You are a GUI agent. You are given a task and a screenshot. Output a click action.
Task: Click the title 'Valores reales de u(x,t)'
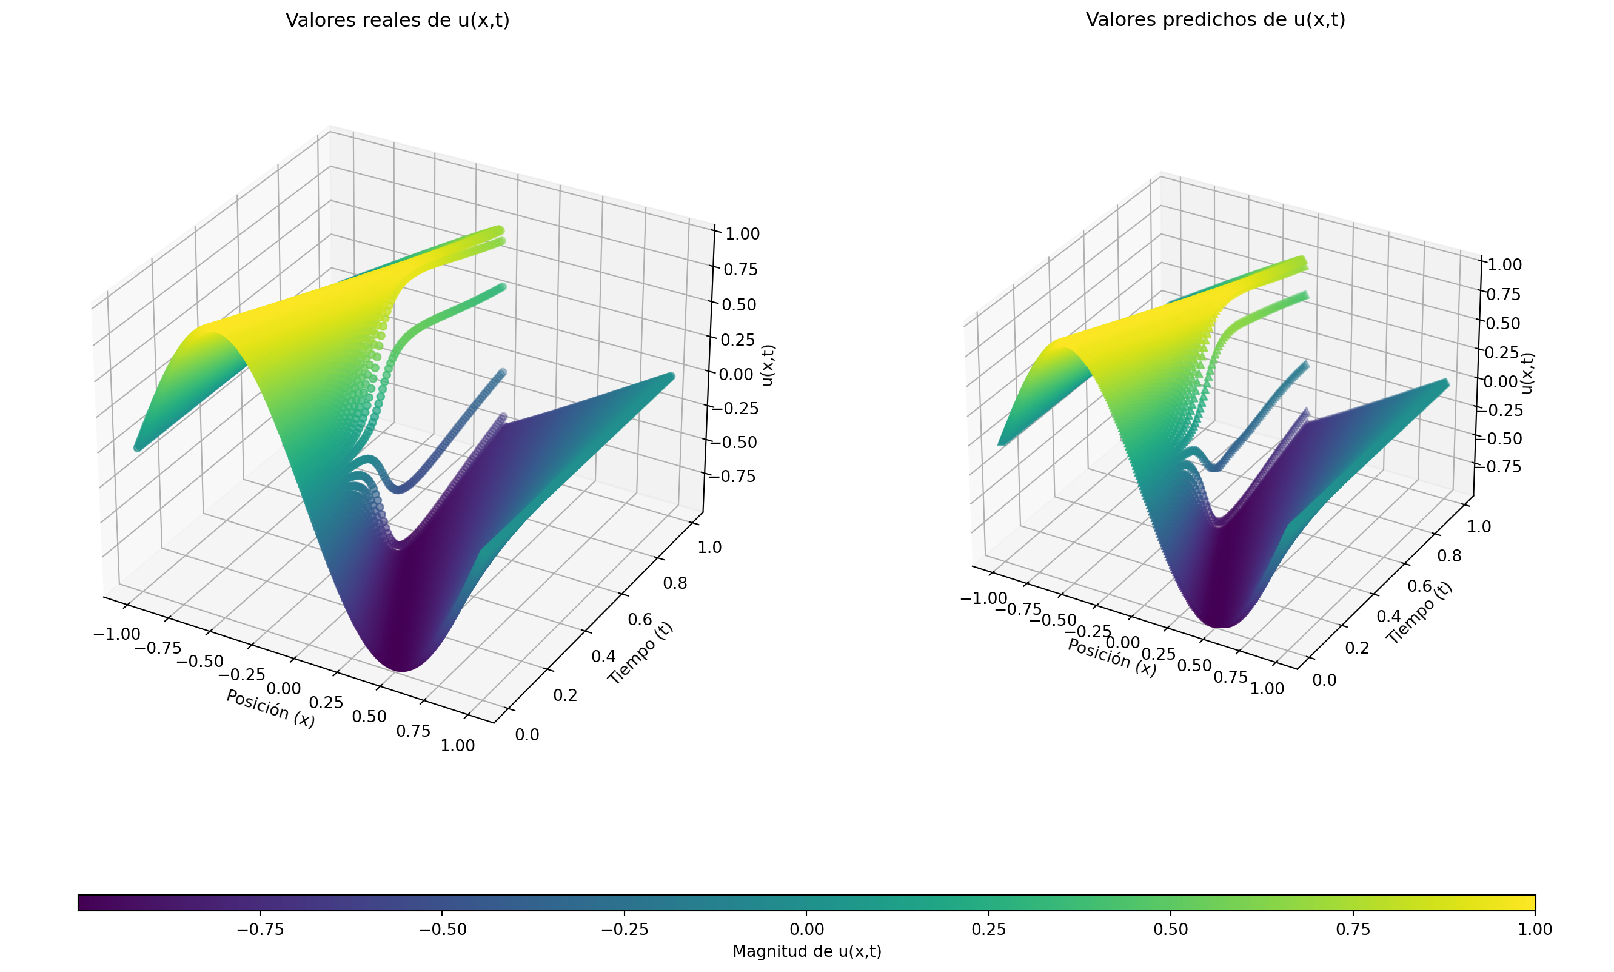click(398, 20)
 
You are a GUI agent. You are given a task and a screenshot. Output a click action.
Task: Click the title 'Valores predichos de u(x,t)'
click(1215, 19)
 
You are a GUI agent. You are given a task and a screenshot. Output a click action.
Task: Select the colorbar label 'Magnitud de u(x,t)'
click(806, 951)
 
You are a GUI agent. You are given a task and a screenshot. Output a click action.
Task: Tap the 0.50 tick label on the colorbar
click(1171, 930)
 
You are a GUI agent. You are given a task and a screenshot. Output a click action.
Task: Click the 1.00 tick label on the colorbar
click(1535, 930)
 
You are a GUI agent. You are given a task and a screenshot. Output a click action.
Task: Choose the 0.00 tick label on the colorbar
click(806, 930)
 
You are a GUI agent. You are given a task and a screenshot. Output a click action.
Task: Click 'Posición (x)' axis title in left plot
click(270, 708)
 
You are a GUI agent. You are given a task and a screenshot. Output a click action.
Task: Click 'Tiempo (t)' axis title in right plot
click(1419, 612)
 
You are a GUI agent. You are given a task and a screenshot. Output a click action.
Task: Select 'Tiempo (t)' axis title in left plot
click(640, 652)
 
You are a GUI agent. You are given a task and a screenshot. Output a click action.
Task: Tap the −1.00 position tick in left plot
click(116, 634)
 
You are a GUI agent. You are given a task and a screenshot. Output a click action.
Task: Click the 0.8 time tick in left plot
click(674, 583)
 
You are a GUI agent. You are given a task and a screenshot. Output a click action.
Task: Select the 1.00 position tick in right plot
click(1267, 688)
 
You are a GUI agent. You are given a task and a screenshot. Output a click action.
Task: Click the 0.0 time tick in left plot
click(527, 735)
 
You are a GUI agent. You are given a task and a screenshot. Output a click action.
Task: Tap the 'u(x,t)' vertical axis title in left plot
click(768, 365)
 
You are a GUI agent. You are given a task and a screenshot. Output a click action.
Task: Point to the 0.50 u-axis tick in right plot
click(1503, 323)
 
